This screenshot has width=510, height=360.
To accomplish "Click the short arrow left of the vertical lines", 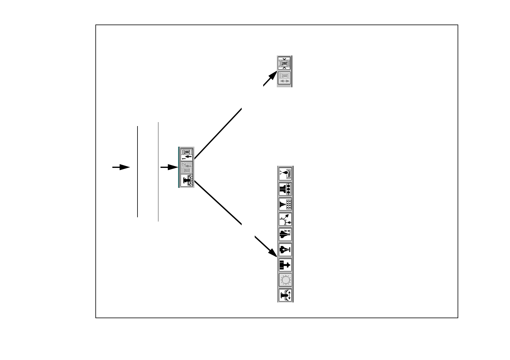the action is pyautogui.click(x=121, y=167).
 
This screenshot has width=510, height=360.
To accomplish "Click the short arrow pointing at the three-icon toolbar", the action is pyautogui.click(x=169, y=167).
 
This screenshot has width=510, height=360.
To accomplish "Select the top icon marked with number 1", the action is pyautogui.click(x=187, y=154).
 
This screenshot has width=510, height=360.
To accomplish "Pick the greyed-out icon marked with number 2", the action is pyautogui.click(x=187, y=168).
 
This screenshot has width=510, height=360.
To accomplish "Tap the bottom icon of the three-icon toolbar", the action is pyautogui.click(x=187, y=181).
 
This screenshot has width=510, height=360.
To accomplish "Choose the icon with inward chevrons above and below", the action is pyautogui.click(x=284, y=63).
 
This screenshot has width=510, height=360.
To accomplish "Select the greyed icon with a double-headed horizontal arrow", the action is pyautogui.click(x=284, y=78).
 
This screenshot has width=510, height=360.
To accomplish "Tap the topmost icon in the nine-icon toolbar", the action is pyautogui.click(x=285, y=174).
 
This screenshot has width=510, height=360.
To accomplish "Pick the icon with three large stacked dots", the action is pyautogui.click(x=285, y=189).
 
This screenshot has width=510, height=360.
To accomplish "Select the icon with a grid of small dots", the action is pyautogui.click(x=285, y=204).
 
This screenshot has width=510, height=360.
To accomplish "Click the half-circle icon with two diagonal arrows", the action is pyautogui.click(x=285, y=219).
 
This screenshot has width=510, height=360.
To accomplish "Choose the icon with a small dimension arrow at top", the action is pyautogui.click(x=285, y=234).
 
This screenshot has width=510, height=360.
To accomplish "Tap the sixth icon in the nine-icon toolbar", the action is pyautogui.click(x=285, y=250).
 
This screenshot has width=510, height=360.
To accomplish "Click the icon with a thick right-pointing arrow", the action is pyautogui.click(x=285, y=265).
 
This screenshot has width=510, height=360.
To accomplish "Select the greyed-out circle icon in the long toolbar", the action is pyautogui.click(x=285, y=280).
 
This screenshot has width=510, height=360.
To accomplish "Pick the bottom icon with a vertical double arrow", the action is pyautogui.click(x=285, y=295).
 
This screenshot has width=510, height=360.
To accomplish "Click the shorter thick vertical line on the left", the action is pyautogui.click(x=137, y=172).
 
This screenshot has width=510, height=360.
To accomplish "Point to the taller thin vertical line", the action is pyautogui.click(x=158, y=172).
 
